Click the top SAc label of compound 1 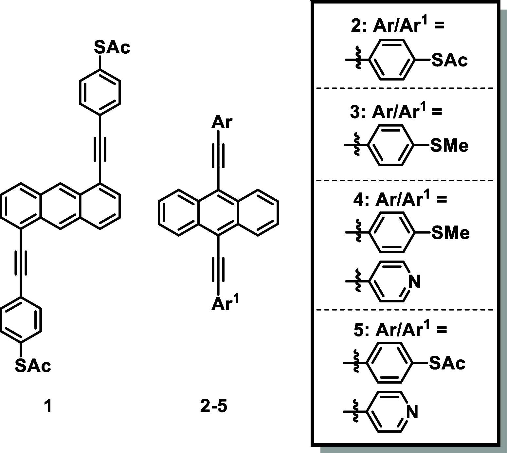point(112,47)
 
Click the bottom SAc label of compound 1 point(33,366)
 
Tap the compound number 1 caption point(48,407)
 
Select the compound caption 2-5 point(213,407)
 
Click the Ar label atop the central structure point(222,122)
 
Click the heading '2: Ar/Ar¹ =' point(397,26)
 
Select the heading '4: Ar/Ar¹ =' point(400,199)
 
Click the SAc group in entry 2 point(449,61)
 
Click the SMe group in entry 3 point(449,145)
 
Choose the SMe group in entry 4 point(450,233)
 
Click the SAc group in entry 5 point(447,363)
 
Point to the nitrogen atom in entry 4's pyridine point(415,281)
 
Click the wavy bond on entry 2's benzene point(358,60)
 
